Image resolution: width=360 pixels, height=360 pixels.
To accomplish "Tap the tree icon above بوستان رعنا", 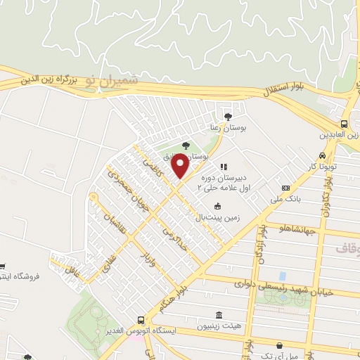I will pyautogui.click(x=226, y=117).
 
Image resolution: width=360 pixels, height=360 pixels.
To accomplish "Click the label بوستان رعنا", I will pyautogui.click(x=226, y=128).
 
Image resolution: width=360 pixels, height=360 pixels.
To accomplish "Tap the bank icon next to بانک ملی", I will pyautogui.click(x=285, y=188).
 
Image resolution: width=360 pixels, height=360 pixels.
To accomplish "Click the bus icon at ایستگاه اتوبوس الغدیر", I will pyautogui.click(x=141, y=320).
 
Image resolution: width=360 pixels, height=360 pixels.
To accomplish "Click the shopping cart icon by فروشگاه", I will pyautogui.click(x=3, y=266).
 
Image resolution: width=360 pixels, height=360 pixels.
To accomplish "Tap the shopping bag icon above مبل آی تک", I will pyautogui.click(x=281, y=345).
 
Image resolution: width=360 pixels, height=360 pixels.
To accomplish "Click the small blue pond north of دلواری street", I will pyautogui.click(x=283, y=276).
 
